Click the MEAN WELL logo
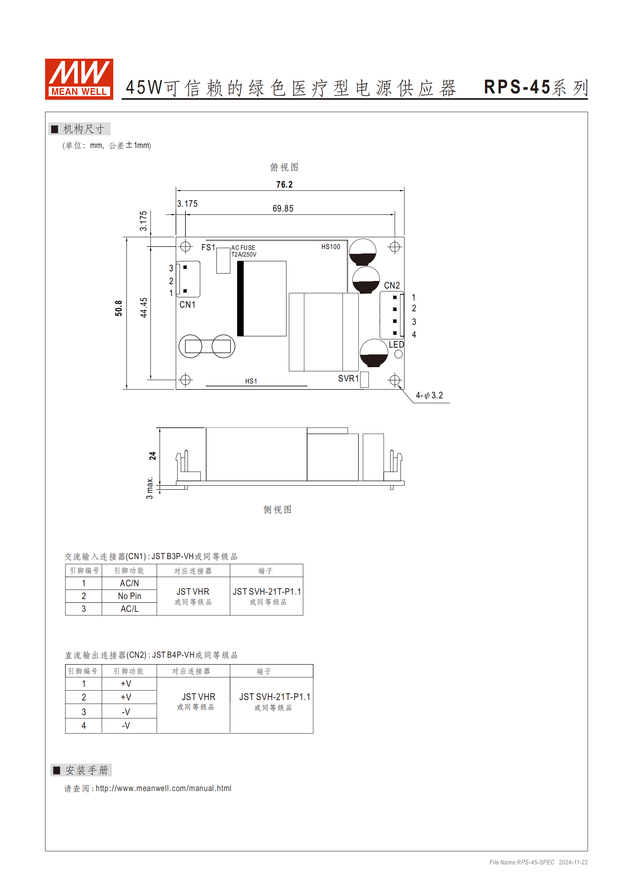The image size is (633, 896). click(79, 79)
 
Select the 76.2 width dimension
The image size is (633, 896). click(284, 184)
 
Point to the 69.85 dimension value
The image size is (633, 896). click(283, 208)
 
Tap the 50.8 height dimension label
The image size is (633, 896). click(118, 308)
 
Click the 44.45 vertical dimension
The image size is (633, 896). click(144, 307)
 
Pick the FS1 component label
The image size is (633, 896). click(208, 247)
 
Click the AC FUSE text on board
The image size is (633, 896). click(243, 247)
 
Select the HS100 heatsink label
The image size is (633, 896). click(331, 247)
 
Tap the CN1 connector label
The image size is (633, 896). click(187, 305)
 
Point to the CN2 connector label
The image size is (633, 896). click(392, 285)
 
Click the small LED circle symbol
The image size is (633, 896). click(398, 354)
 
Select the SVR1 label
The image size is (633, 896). click(348, 378)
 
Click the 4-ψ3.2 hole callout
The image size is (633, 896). click(429, 395)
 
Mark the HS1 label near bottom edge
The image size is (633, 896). click(251, 381)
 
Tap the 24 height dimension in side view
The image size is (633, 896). click(152, 456)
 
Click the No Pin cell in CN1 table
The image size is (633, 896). click(129, 596)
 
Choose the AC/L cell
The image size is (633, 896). click(129, 609)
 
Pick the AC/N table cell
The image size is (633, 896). click(129, 583)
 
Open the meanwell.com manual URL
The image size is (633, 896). click(163, 788)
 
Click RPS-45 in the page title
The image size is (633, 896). click(517, 87)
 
